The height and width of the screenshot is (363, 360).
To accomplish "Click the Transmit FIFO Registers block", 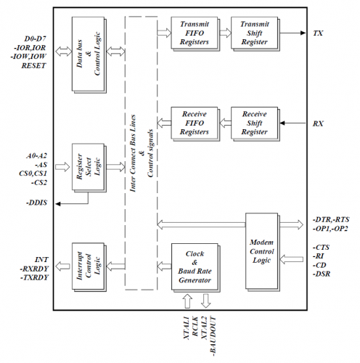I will (195, 33).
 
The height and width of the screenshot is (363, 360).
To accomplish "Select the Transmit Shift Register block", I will (254, 33).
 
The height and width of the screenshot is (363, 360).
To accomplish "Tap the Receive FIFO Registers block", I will (195, 123).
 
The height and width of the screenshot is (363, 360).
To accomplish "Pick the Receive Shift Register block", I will (254, 123).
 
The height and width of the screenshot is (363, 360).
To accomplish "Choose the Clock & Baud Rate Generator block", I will (195, 265).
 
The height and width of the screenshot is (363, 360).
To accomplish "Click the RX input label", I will (319, 124).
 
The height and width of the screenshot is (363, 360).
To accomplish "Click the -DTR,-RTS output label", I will (331, 219).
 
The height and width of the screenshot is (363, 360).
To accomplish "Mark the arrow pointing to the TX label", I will (294, 33).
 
